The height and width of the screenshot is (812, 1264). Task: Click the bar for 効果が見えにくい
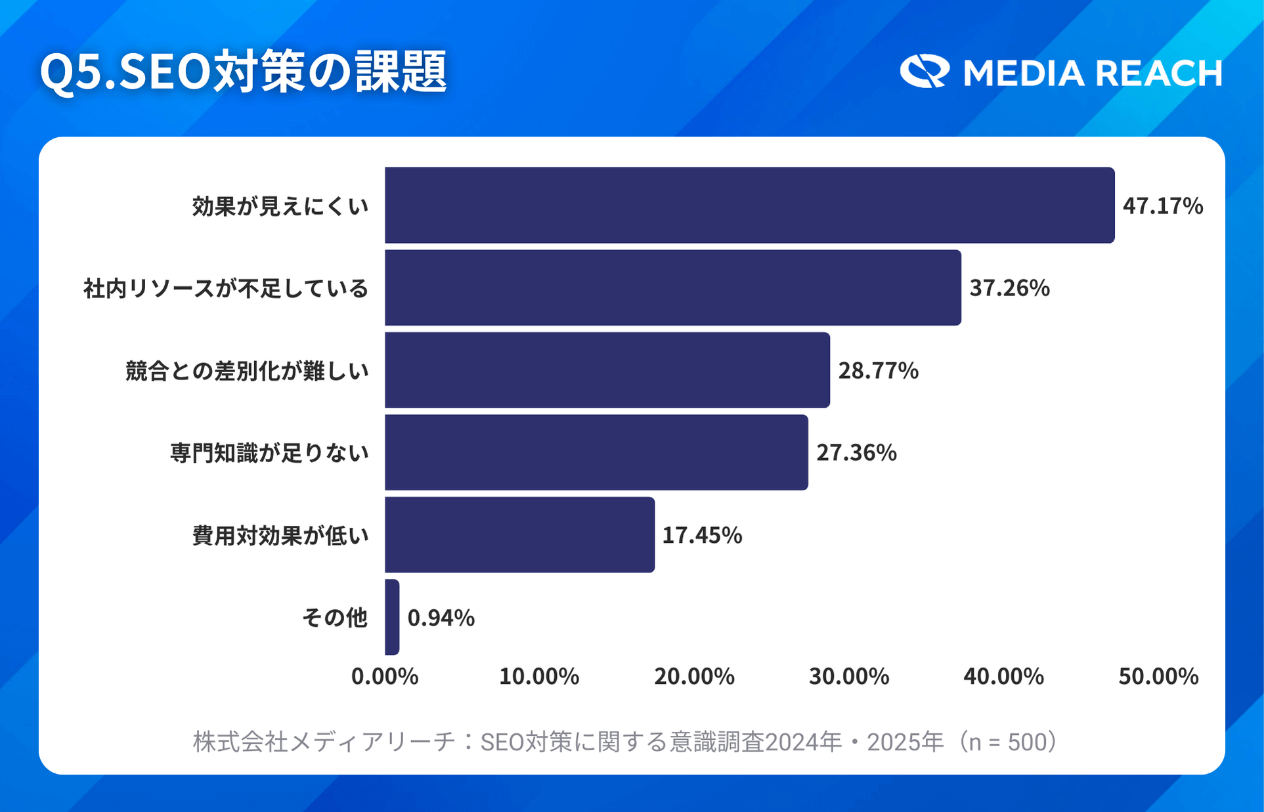click(x=749, y=205)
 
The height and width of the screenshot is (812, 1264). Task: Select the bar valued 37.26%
click(x=672, y=288)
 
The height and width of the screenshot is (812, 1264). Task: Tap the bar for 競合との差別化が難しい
click(x=607, y=370)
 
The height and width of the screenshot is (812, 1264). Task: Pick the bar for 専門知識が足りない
click(x=596, y=452)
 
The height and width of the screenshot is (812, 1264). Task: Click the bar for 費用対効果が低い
click(x=519, y=535)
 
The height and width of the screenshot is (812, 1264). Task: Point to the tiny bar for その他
click(x=392, y=617)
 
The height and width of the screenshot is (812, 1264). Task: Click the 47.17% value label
click(x=1162, y=206)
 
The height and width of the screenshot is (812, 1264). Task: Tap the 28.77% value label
click(x=878, y=371)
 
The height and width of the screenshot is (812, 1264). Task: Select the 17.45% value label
click(x=702, y=536)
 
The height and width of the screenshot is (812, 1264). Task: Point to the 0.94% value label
click(x=441, y=618)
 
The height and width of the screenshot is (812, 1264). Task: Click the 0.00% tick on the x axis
click(x=385, y=676)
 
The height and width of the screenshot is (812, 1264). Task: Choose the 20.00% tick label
click(x=694, y=676)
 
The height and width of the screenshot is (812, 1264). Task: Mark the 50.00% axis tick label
click(x=1158, y=676)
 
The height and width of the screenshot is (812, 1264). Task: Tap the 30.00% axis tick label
click(x=848, y=676)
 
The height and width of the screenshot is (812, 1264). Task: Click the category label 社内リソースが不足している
click(x=226, y=288)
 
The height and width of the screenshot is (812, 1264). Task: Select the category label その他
click(x=334, y=618)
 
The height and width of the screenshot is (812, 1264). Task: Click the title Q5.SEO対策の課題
click(x=243, y=72)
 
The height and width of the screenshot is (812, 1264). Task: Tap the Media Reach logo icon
click(x=924, y=71)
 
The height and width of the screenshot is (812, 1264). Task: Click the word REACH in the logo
click(x=1158, y=73)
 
